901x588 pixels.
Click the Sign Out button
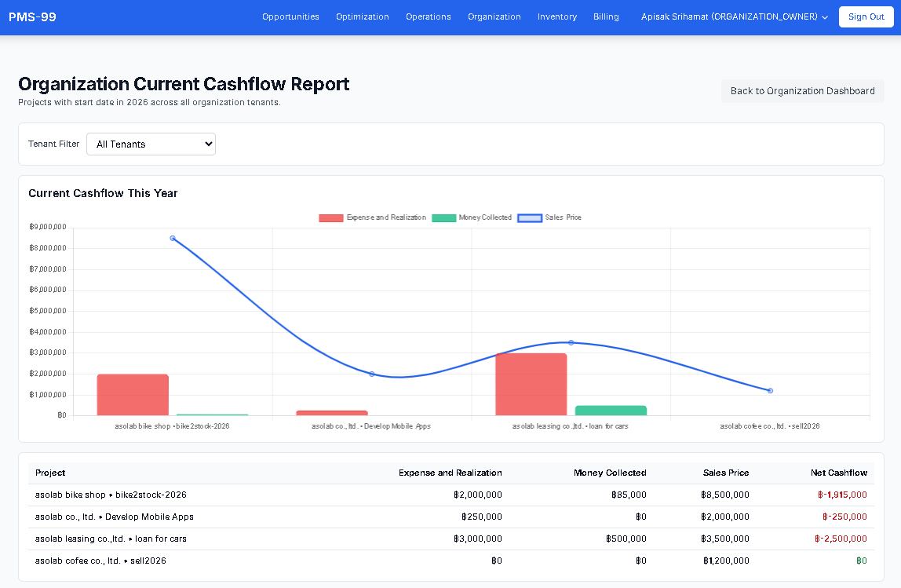pos(866,16)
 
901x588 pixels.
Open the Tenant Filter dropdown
pos(151,144)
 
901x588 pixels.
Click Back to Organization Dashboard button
pos(802,91)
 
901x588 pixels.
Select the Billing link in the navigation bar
pos(606,16)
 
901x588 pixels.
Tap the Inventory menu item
pos(557,16)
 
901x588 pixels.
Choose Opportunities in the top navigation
pos(290,16)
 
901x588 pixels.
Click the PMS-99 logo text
pos(32,16)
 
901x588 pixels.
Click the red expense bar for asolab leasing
pos(531,384)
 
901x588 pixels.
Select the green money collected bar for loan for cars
pos(611,411)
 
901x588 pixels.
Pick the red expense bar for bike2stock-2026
pos(133,395)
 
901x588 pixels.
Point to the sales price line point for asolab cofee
pos(770,390)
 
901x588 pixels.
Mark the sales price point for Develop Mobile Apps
pos(371,374)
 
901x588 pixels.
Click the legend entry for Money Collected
pos(472,217)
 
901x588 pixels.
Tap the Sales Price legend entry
pos(549,217)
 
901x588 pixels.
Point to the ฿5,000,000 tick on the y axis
pos(47,311)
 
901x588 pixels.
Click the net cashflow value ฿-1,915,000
pos(842,495)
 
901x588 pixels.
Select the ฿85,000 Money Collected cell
pos(629,495)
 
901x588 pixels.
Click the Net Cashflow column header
pos(838,473)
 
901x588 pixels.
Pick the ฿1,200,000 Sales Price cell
pos(725,561)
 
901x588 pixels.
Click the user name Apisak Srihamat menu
pos(734,16)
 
